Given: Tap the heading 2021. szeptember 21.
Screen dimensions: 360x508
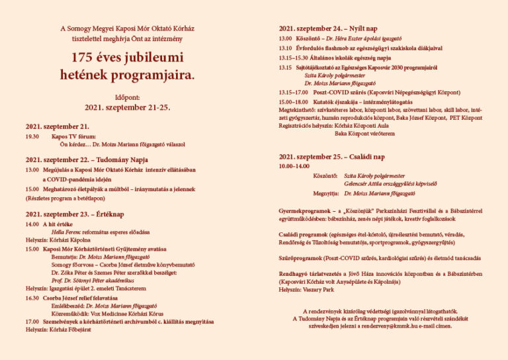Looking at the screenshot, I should click(58, 126).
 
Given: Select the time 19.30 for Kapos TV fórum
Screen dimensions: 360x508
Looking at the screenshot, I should click(32, 136).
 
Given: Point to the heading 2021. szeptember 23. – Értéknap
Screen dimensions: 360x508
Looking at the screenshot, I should click(75, 214).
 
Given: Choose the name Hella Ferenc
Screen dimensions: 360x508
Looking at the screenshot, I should click(67, 232).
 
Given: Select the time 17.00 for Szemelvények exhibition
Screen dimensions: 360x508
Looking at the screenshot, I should click(32, 322).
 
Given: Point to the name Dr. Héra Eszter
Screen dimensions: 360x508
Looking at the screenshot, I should click(345, 39).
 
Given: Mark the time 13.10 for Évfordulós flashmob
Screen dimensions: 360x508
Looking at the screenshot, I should click(285, 48).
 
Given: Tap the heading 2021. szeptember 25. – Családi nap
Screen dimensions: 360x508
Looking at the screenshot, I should click(331, 157).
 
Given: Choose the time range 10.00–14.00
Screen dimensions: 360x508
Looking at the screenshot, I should click(294, 166).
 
